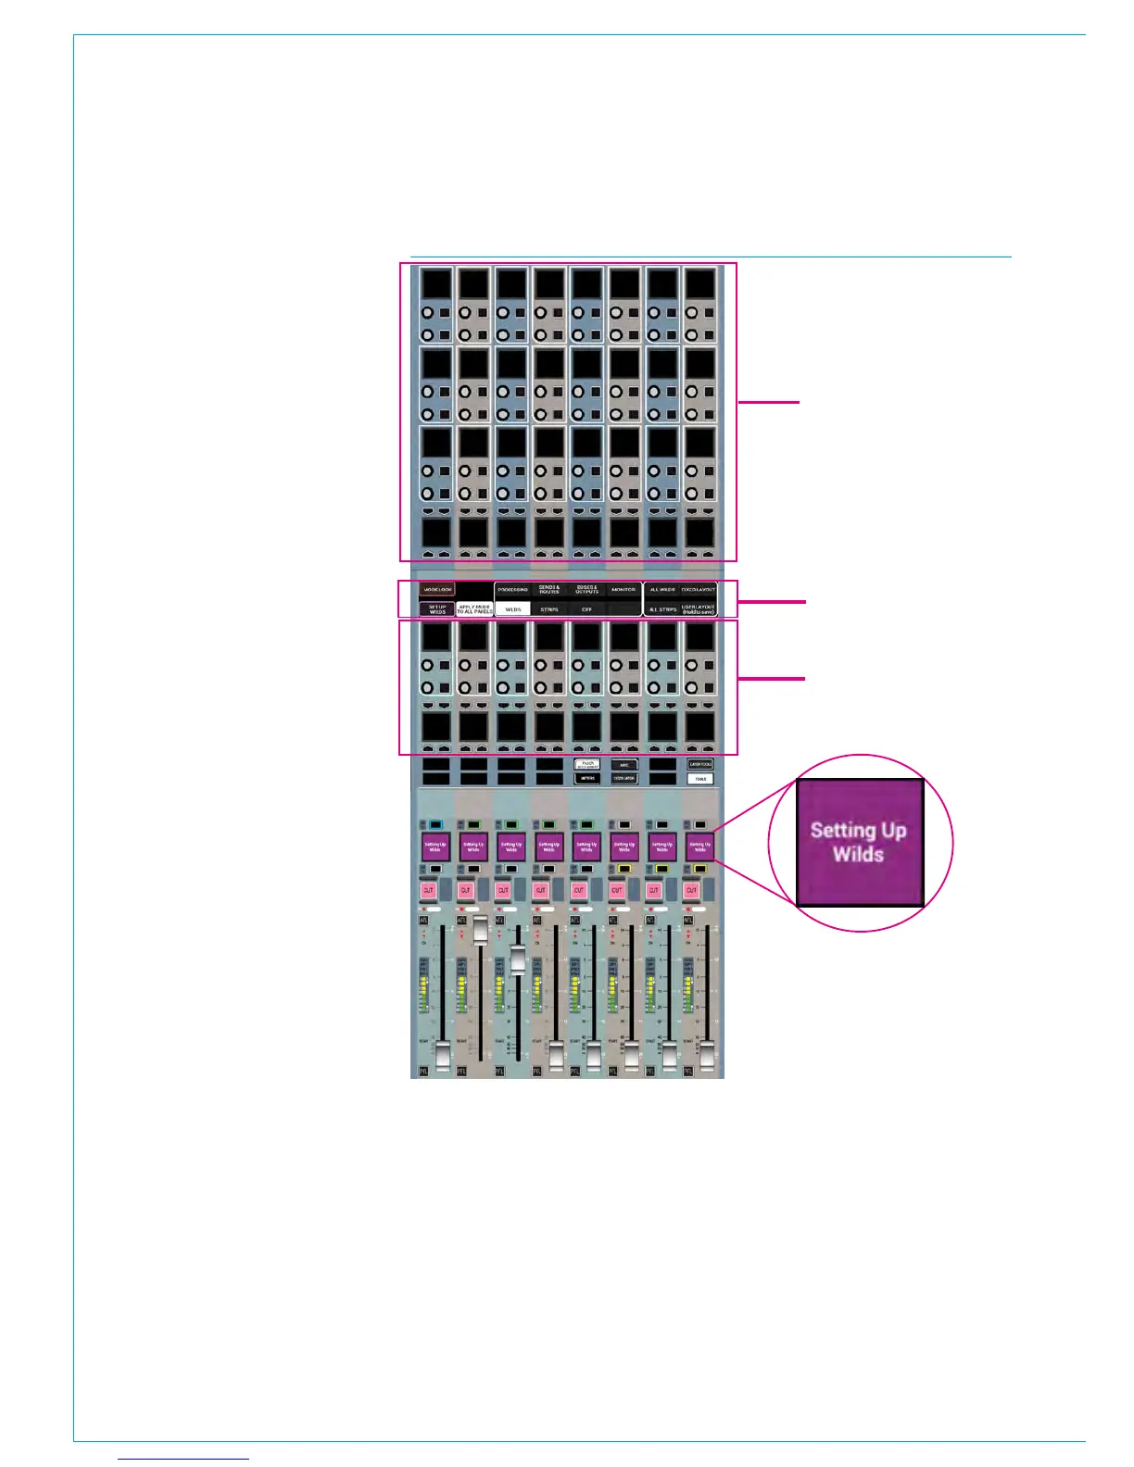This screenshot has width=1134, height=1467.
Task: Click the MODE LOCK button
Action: pyautogui.click(x=436, y=590)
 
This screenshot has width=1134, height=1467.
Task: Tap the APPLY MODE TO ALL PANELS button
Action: pyautogui.click(x=474, y=609)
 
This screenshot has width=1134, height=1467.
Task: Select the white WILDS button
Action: pyautogui.click(x=512, y=609)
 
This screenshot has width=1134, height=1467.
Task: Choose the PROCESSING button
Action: pyautogui.click(x=512, y=590)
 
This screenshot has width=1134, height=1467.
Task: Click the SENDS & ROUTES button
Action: pyautogui.click(x=549, y=590)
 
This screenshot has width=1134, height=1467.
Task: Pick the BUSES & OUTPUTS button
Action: pyautogui.click(x=586, y=590)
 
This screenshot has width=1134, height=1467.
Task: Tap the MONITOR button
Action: pyautogui.click(x=624, y=590)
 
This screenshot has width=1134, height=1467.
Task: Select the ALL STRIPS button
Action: pyautogui.click(x=662, y=609)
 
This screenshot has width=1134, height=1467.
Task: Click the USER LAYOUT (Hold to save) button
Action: pyautogui.click(x=699, y=609)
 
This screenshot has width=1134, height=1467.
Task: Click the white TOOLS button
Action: pyautogui.click(x=700, y=779)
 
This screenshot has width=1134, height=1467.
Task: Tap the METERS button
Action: pyautogui.click(x=587, y=779)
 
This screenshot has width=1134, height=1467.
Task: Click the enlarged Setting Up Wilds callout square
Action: pyautogui.click(x=860, y=842)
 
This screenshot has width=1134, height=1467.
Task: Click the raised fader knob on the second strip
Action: pyautogui.click(x=480, y=929)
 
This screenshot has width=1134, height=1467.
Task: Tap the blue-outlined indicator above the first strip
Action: pyautogui.click(x=435, y=824)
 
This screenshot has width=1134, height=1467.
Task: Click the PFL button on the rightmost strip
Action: pyautogui.click(x=688, y=1071)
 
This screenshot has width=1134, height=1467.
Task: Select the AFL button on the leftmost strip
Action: pyautogui.click(x=423, y=920)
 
